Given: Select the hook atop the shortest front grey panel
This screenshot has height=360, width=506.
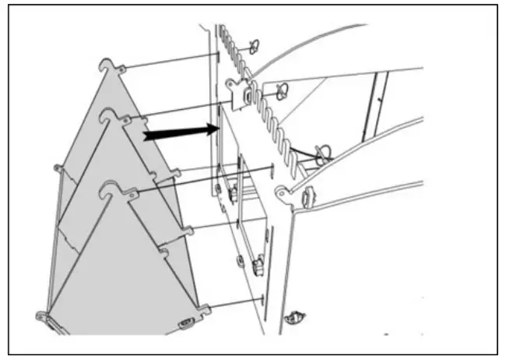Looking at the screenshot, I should pyautogui.click(x=111, y=189).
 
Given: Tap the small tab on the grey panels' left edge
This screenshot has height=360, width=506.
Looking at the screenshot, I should pyautogui.click(x=58, y=168).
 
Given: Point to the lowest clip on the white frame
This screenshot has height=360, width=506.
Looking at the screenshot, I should pyautogui.click(x=294, y=317).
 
